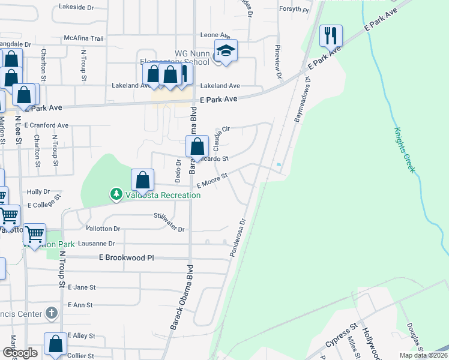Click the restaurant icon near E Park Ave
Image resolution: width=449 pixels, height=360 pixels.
coord(331,36)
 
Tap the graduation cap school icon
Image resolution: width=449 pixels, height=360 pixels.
coord(226,51)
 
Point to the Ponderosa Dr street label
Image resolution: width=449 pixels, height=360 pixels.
coord(238,238)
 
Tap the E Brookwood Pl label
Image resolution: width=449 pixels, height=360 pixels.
coord(126,257)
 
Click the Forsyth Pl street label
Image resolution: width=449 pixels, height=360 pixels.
coord(294,10)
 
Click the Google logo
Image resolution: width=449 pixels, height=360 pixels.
coord(20,353)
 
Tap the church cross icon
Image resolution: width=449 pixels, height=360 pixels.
coord(52,313)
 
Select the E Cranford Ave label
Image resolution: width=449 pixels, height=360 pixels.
coord(47,125)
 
